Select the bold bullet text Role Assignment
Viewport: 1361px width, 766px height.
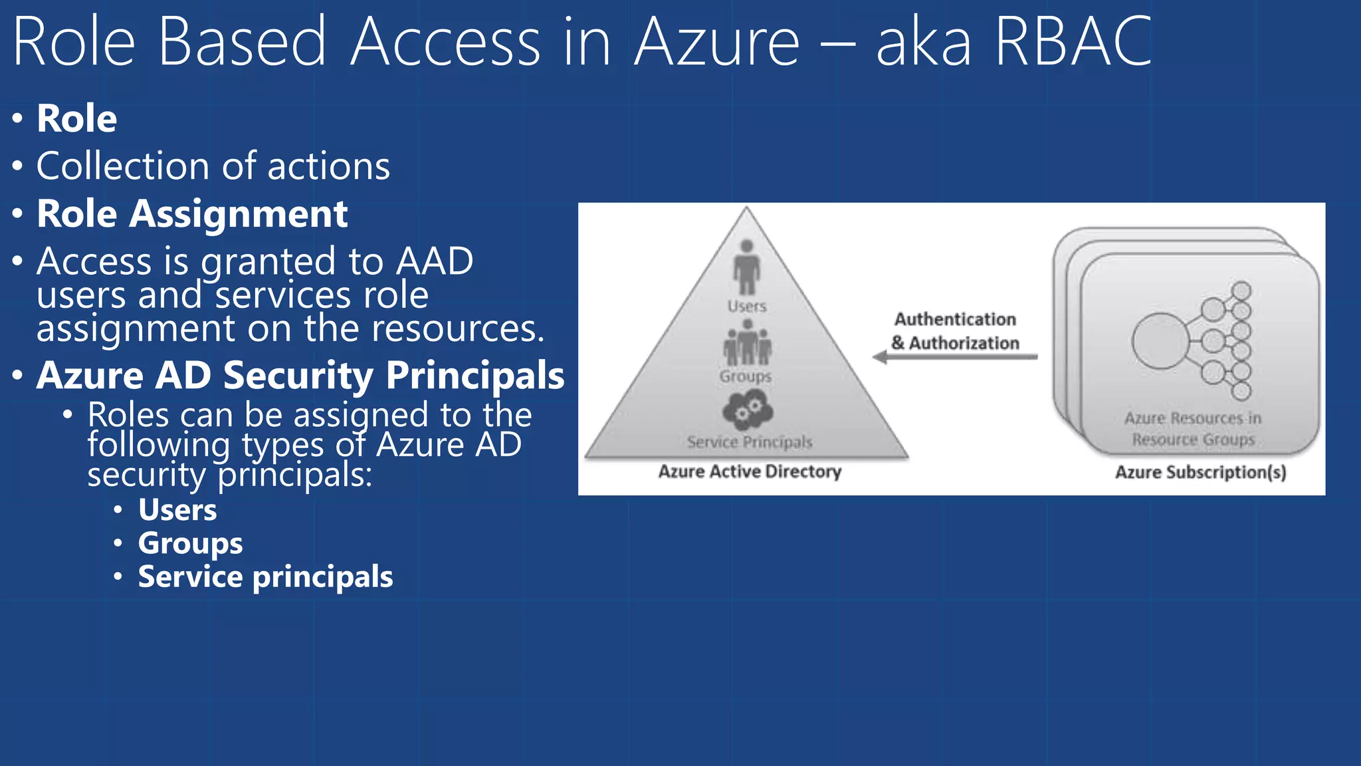coord(192,214)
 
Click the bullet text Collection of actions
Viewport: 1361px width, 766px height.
coord(213,166)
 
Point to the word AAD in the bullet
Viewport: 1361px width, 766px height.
coord(435,261)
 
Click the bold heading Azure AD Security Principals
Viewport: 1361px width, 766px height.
coord(300,376)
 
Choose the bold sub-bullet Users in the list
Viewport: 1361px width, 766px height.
coord(177,511)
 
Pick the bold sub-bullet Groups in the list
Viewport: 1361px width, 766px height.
coord(190,544)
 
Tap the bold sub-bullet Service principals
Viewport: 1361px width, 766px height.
coord(265,577)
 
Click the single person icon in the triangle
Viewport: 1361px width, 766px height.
coord(747,266)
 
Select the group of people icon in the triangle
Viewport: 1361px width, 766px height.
coord(747,342)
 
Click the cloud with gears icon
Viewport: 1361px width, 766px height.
coord(748,410)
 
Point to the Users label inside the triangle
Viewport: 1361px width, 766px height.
coord(747,307)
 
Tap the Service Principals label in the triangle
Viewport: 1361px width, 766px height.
coord(750,442)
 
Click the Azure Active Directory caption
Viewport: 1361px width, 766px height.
coord(750,471)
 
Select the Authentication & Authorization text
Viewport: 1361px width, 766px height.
coord(955,331)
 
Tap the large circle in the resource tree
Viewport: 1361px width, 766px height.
coord(1160,340)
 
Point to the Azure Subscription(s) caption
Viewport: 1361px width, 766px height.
coord(1200,472)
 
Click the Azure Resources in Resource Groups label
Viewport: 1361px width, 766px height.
coord(1193,429)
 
